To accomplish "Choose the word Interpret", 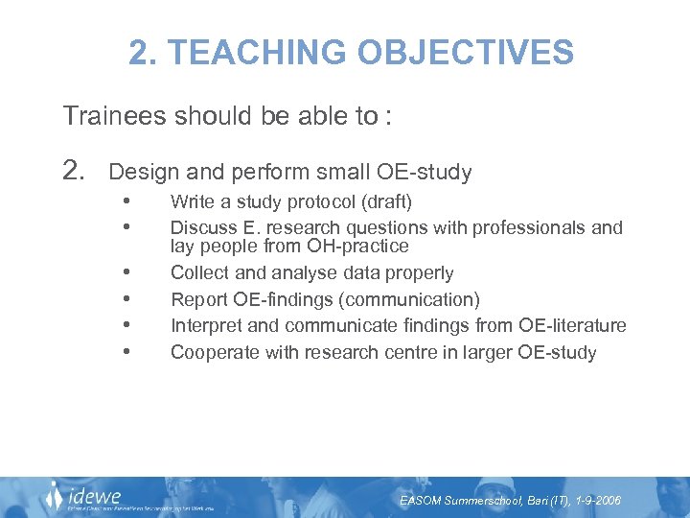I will (205, 326).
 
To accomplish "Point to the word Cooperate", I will (211, 353).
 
